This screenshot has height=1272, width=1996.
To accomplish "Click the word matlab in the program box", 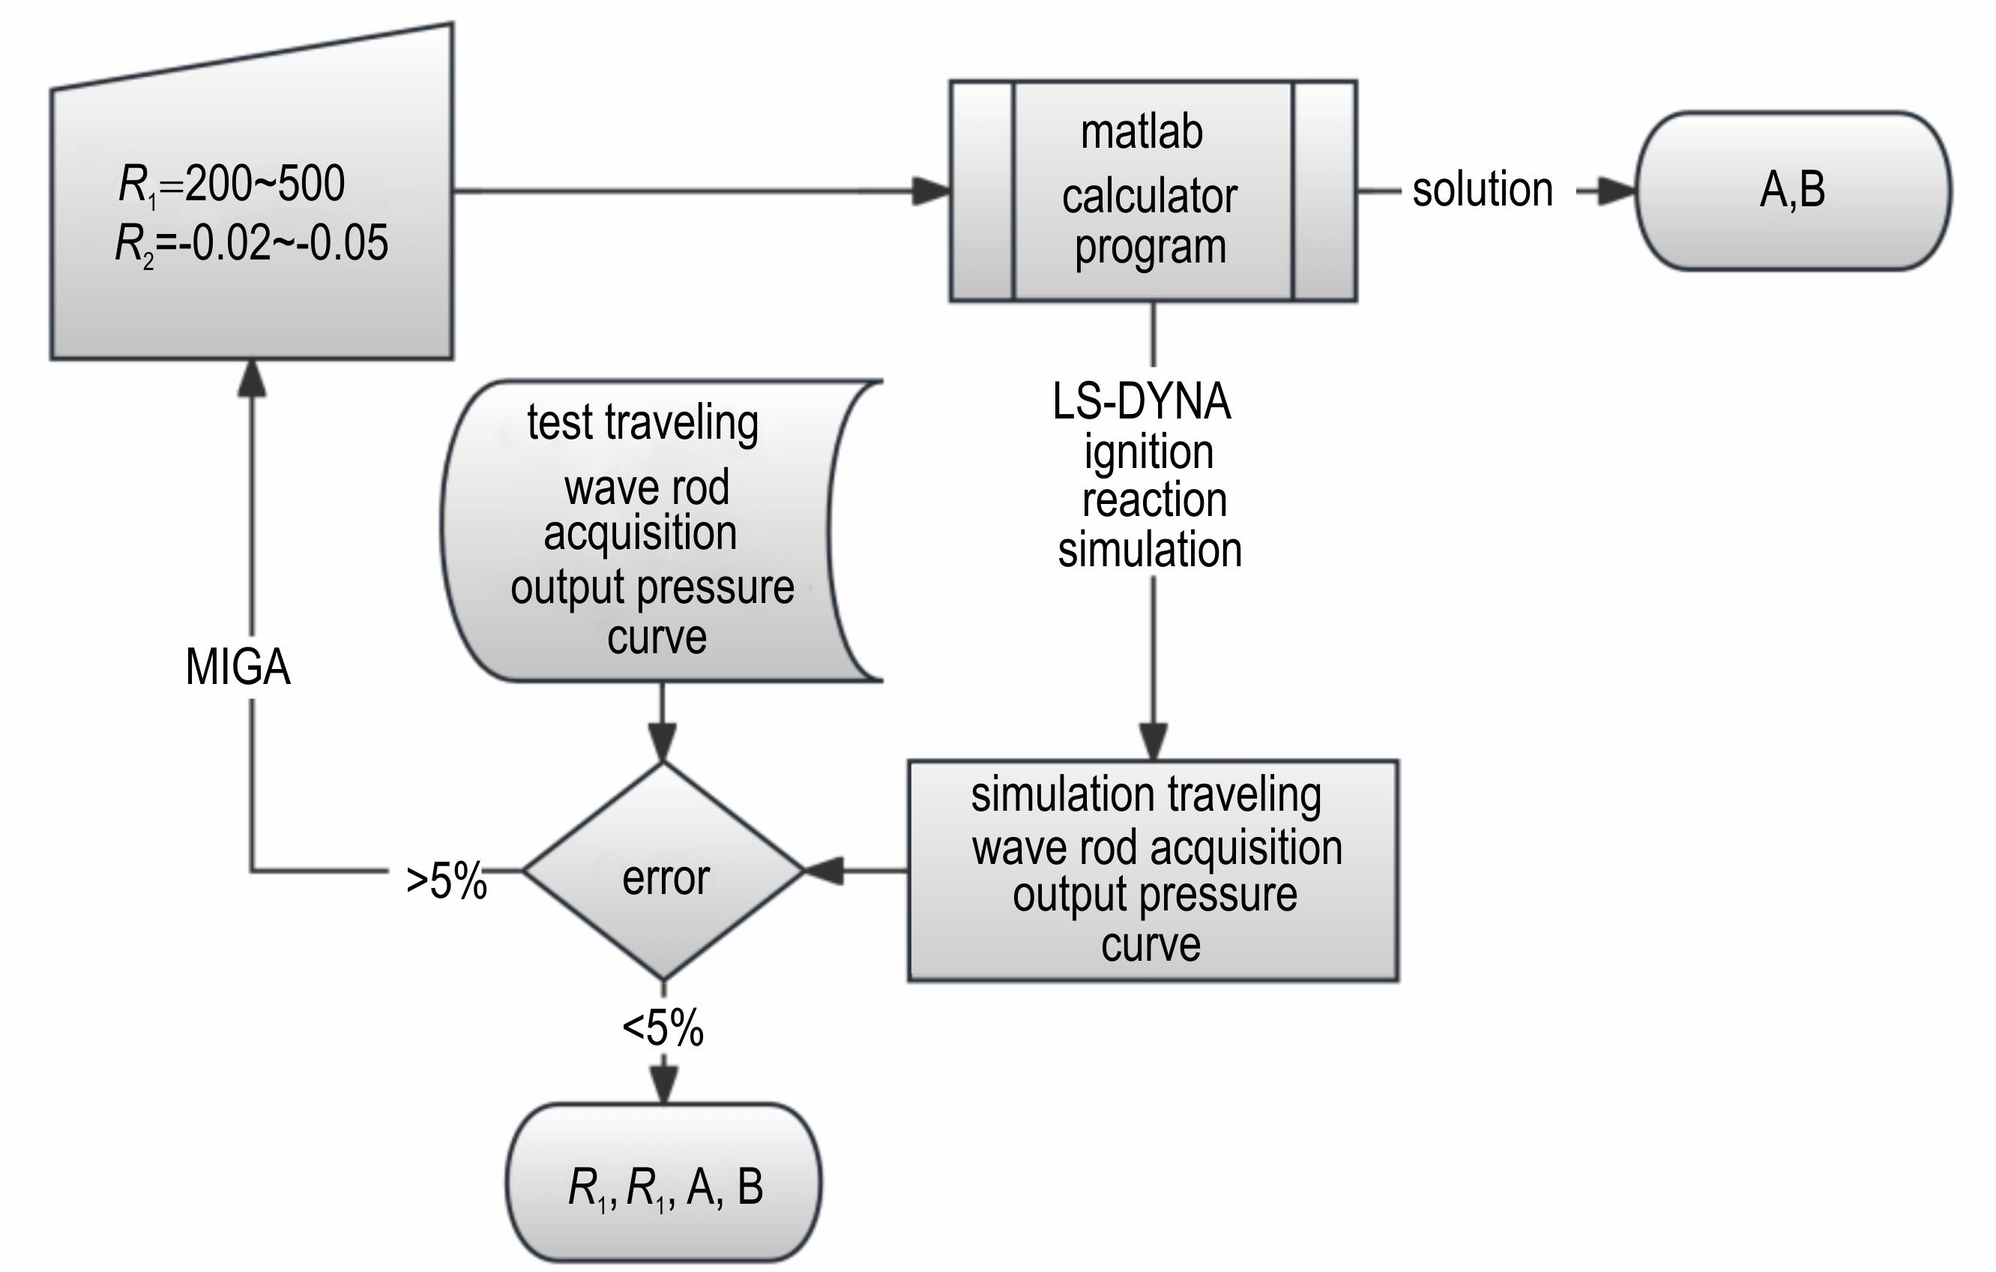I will [1142, 133].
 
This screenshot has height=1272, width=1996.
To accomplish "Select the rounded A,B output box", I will [1793, 190].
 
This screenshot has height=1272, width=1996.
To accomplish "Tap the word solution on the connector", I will [1482, 190].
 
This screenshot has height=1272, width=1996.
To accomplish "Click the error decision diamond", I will [664, 871].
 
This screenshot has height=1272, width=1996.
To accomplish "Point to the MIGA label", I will [238, 667].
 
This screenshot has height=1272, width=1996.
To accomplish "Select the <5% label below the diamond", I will [663, 1028].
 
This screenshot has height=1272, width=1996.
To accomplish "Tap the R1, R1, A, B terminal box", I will [664, 1186].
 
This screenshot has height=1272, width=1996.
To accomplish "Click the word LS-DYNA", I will [1142, 402].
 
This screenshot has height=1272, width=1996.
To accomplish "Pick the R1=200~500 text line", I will [232, 183].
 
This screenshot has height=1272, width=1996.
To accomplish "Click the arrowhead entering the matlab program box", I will [931, 190].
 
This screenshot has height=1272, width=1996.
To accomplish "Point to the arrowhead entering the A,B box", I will [1616, 190].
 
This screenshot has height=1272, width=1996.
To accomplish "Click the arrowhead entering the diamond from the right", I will [823, 871].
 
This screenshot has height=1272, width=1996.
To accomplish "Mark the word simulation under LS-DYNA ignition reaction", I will [1150, 550].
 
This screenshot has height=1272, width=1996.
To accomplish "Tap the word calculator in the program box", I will [1149, 197].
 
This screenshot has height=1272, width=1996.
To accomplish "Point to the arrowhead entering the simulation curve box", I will [1153, 740].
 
